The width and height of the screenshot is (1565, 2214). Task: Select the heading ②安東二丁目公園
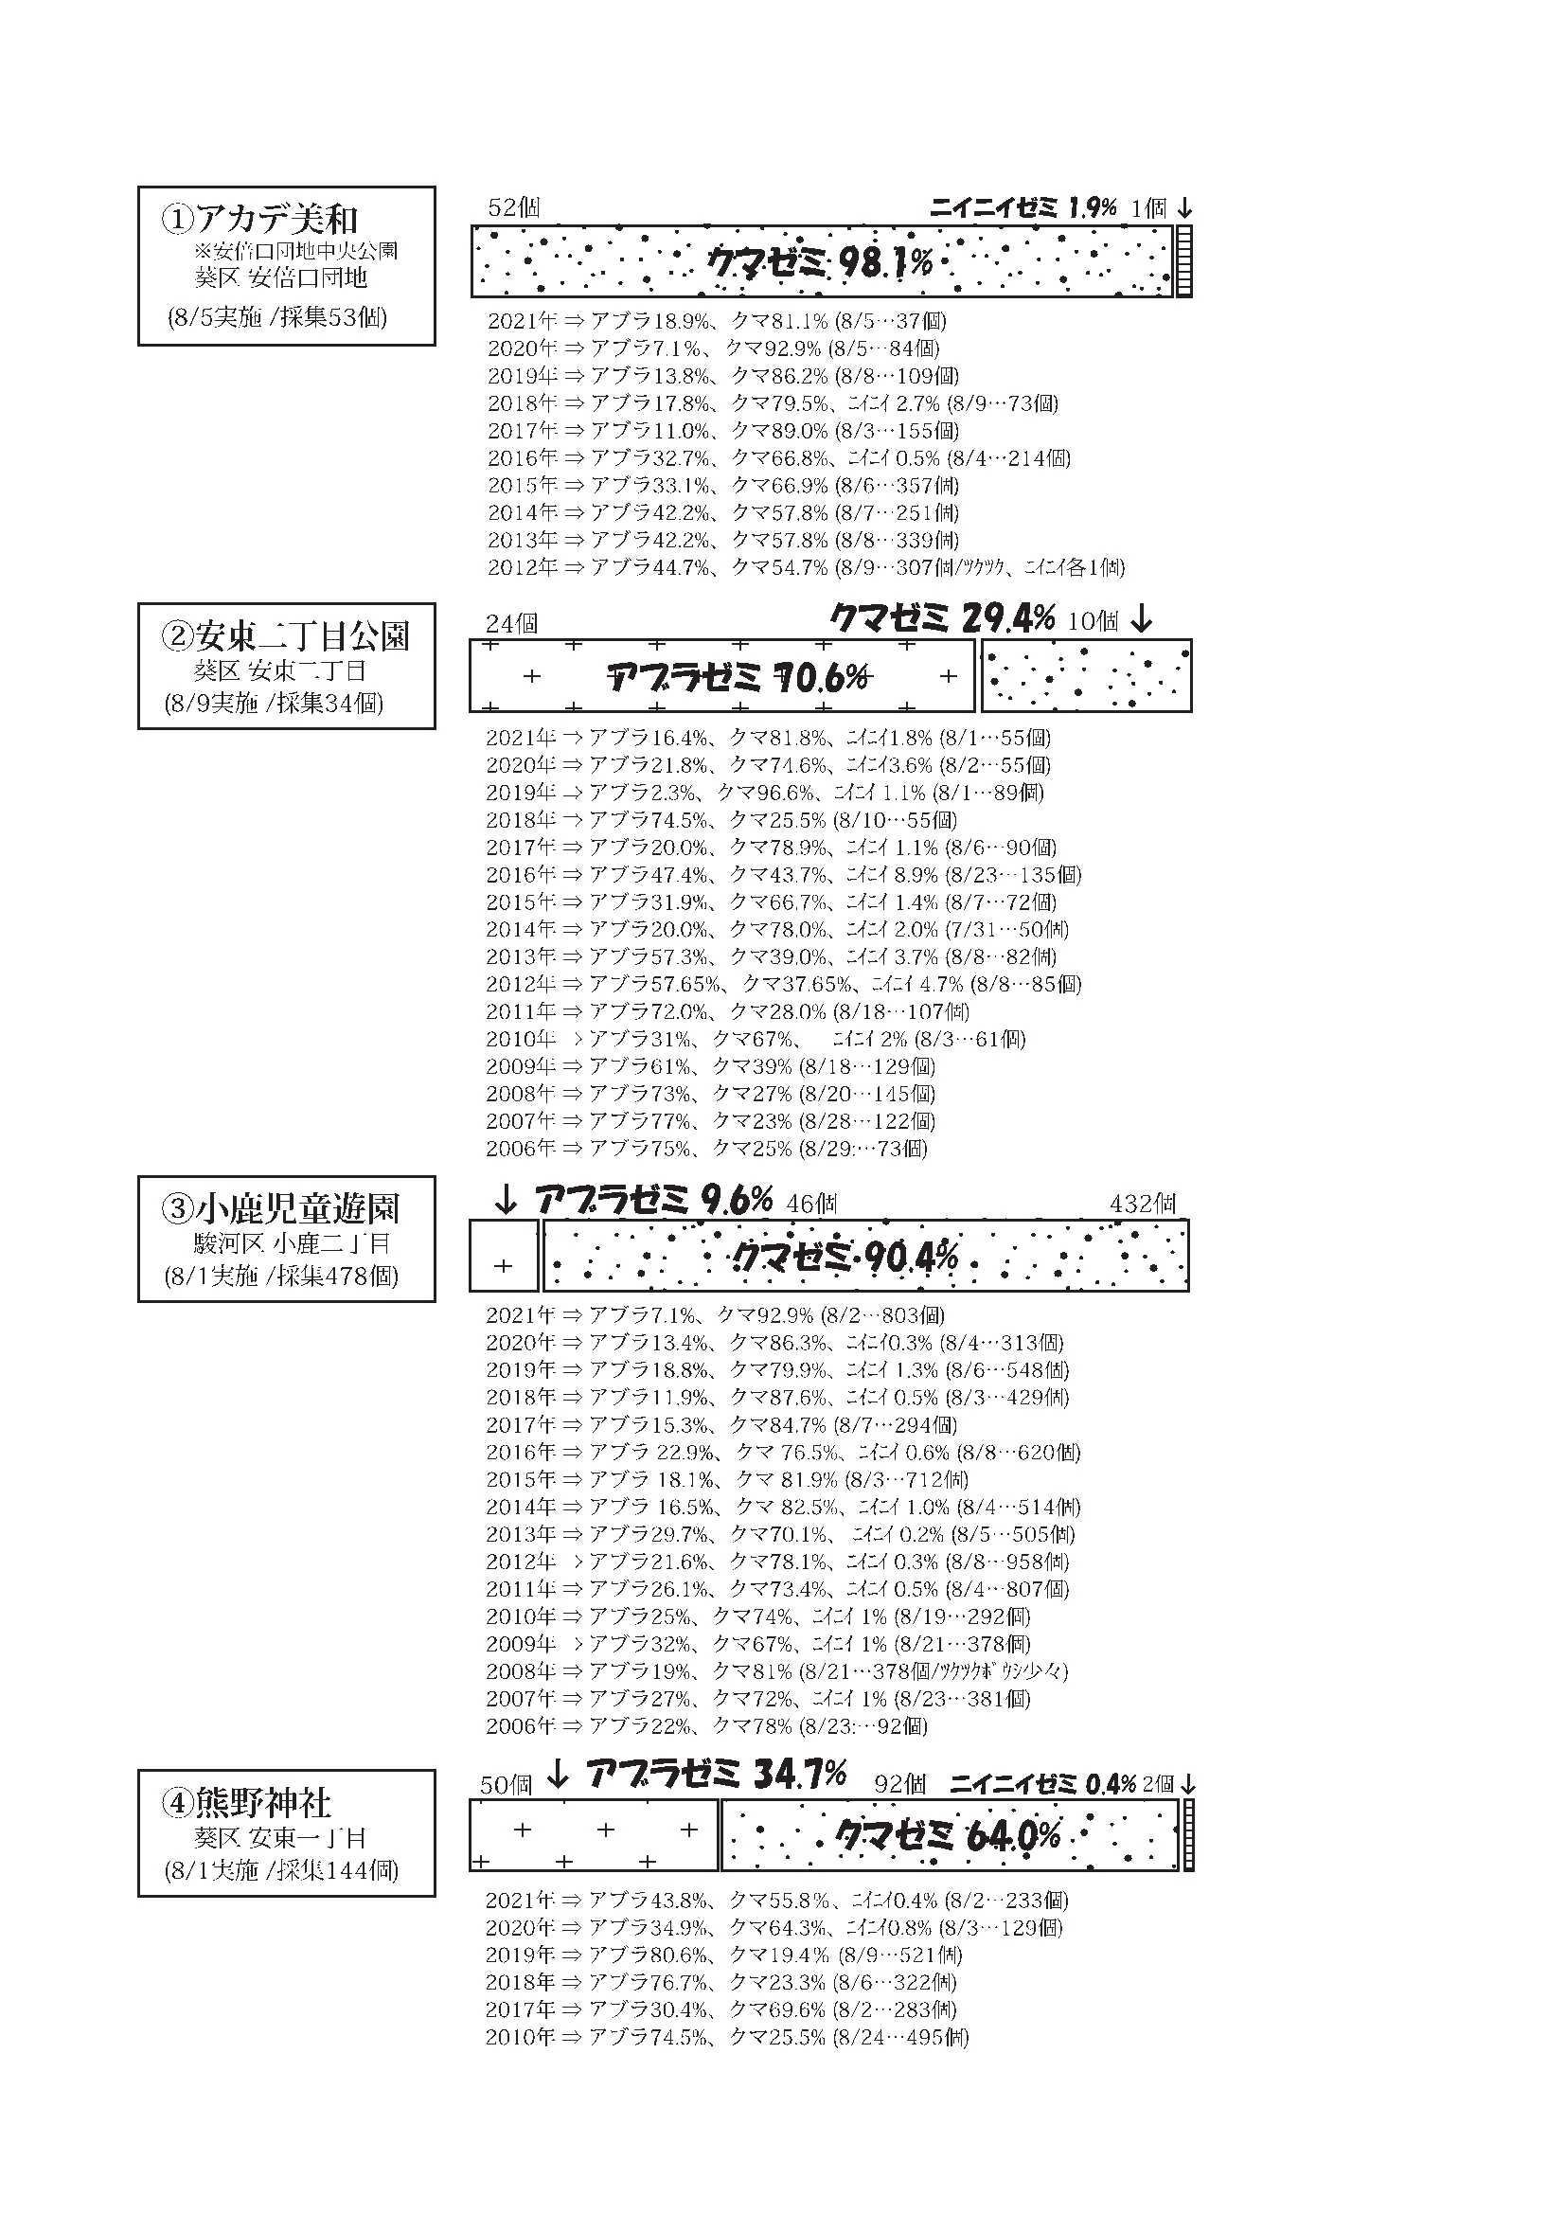288,636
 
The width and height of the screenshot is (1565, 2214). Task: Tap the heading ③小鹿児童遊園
281,1209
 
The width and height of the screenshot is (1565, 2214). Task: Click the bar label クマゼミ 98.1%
821,261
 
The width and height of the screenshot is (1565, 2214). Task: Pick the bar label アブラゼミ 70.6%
739,678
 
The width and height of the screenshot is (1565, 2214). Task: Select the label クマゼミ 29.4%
942,618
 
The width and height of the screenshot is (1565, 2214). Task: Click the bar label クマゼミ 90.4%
845,1257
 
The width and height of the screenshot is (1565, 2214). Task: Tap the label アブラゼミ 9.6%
653,1201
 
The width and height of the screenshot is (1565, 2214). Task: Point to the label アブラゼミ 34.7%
716,1774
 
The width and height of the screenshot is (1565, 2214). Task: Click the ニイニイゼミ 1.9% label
1023,208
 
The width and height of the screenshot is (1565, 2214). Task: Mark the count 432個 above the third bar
1143,1204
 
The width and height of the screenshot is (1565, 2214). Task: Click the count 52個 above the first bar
514,208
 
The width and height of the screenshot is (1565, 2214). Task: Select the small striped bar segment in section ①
1184,261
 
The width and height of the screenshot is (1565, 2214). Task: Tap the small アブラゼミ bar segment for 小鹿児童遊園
504,1256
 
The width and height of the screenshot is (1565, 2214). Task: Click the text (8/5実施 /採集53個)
277,318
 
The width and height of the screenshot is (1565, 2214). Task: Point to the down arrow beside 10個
1142,619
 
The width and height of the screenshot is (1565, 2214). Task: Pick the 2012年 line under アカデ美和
805,567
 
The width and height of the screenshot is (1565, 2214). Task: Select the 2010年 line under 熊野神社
726,2038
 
